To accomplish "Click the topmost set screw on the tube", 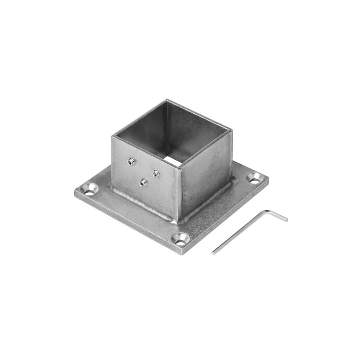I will (131, 161).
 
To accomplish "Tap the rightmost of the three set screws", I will (156, 173).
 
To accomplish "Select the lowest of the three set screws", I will (143, 183).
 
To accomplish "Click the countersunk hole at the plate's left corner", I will (90, 190).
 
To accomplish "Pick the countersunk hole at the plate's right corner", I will (254, 179).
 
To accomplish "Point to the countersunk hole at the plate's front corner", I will (181, 239).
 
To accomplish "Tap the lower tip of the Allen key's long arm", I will (213, 253).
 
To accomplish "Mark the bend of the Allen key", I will (265, 211).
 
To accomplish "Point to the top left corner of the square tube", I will (112, 136).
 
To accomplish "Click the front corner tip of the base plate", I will (182, 254).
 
